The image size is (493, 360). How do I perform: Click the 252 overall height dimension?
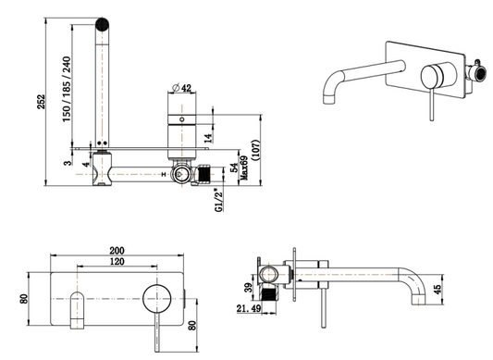pos(42,102)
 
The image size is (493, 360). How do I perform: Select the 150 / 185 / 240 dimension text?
pos(67,89)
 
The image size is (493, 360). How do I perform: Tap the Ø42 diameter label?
pos(182,88)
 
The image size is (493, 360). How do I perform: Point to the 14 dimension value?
pos(208,138)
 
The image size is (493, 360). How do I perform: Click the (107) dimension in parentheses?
pos(256,150)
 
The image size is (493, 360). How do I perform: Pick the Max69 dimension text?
pos(244,168)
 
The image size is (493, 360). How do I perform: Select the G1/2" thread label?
pos(219,200)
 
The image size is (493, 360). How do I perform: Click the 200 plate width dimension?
pos(117,251)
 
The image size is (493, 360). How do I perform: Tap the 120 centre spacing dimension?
pos(117,262)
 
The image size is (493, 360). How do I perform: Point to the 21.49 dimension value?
pos(249,309)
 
